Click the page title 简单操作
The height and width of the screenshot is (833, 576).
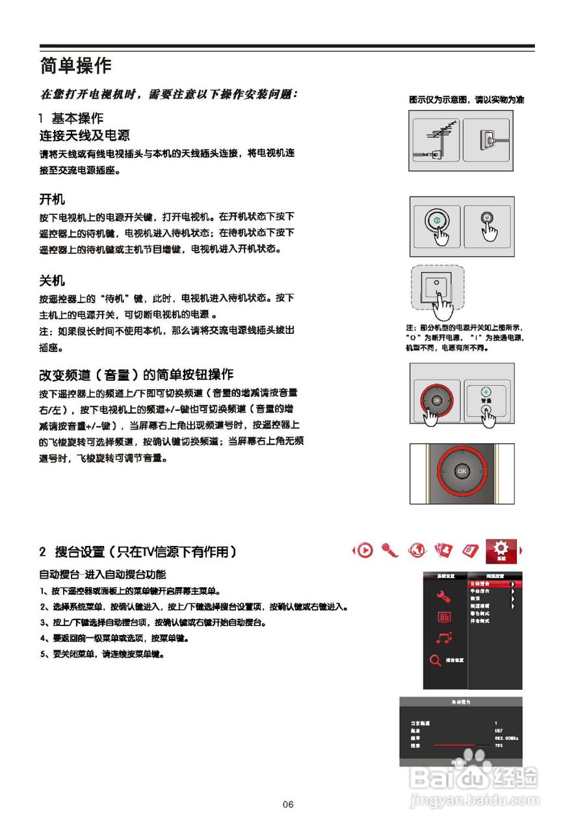75,66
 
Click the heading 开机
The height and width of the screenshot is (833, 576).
52,198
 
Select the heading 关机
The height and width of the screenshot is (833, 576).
52,281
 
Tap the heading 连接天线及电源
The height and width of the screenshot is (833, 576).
85,135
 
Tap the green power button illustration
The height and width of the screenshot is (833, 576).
437,220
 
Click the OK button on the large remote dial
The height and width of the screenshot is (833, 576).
462,471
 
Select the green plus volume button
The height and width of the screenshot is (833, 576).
485,392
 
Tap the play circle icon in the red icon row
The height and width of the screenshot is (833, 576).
365,551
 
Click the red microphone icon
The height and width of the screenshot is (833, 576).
390,551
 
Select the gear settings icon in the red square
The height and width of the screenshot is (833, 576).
501,550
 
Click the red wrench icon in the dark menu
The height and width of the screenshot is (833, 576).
444,595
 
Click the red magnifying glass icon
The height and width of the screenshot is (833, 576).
436,660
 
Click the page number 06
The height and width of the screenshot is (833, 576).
288,804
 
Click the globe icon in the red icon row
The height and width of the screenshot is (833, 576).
417,551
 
